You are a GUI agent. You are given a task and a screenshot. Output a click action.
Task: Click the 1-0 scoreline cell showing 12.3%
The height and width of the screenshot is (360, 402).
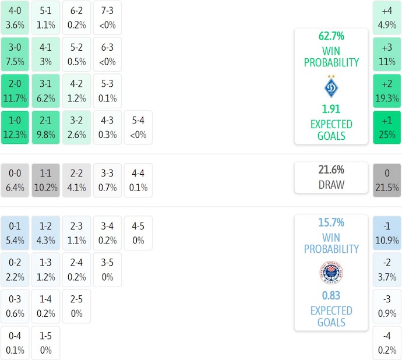point(15,128)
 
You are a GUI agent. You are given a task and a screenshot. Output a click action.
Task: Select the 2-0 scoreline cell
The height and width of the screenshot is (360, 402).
point(15,91)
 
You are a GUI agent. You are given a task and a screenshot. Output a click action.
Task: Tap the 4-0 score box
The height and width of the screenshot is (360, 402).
point(15,17)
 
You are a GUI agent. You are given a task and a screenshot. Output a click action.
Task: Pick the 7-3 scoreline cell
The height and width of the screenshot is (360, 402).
point(107,17)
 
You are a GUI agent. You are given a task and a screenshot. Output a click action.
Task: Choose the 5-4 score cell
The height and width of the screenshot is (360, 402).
point(138,128)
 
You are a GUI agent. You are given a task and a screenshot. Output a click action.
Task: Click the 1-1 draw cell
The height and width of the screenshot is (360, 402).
point(45,180)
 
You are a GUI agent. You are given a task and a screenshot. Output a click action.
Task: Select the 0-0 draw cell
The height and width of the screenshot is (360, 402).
point(15,180)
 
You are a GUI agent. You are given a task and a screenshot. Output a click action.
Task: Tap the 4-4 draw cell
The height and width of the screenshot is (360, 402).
point(138,180)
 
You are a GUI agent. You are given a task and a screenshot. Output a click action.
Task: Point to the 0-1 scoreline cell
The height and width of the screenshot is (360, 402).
point(15,232)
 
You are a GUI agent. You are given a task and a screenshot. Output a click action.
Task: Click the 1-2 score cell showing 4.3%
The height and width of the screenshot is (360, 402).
point(45,232)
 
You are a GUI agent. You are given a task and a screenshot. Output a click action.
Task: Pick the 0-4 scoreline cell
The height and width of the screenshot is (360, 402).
point(15,343)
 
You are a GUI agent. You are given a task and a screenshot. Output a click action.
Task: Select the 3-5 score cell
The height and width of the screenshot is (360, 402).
point(107,269)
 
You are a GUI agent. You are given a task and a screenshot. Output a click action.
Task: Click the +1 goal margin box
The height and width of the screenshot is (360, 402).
point(387,128)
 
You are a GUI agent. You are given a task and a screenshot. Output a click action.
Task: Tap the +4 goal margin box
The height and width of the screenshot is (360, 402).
point(387,17)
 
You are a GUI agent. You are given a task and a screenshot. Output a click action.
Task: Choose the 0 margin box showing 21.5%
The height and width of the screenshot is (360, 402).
point(387,180)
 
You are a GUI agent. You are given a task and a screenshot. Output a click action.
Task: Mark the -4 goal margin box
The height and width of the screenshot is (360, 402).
point(387,343)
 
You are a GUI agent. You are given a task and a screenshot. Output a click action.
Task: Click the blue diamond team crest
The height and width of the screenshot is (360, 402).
point(331,87)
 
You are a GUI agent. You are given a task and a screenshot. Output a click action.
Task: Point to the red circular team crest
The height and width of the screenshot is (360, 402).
point(331,272)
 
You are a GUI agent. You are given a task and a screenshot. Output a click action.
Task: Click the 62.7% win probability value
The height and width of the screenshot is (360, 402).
point(331,36)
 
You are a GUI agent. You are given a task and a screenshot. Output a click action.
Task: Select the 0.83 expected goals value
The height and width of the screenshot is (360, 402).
point(331,295)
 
